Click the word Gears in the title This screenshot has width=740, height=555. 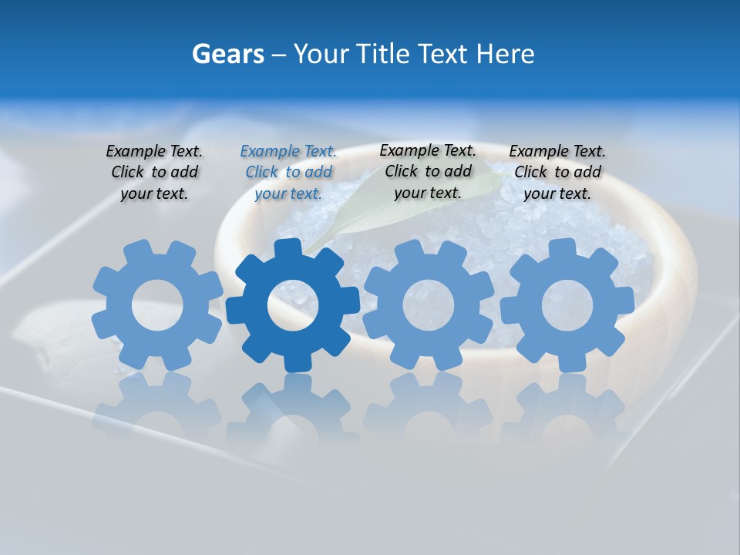[x=227, y=54]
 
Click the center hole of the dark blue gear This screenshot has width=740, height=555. [x=293, y=305]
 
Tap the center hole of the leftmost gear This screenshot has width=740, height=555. [x=156, y=305]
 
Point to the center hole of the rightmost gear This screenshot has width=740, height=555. [x=568, y=304]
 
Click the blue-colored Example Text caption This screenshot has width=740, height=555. [x=288, y=172]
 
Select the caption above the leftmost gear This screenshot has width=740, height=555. [x=154, y=172]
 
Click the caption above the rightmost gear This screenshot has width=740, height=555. [x=557, y=172]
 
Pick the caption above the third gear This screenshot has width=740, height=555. [x=428, y=171]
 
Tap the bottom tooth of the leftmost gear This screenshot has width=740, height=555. [x=156, y=358]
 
